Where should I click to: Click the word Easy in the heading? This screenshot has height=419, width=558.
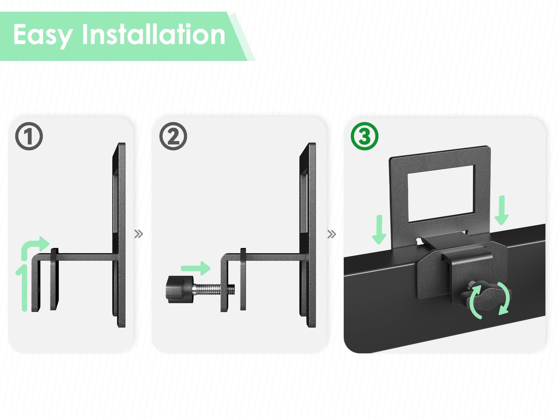(43, 35)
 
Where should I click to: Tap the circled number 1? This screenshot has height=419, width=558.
(29, 136)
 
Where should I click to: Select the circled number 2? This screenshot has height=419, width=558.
(173, 136)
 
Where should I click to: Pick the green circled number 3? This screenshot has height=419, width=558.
(364, 136)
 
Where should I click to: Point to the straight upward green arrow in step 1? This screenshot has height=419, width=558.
(24, 288)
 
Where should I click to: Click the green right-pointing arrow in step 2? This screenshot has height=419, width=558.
(196, 268)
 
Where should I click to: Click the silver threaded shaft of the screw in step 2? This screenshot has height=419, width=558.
(214, 289)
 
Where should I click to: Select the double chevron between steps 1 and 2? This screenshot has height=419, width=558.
(139, 234)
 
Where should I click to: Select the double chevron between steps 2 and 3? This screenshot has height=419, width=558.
(332, 234)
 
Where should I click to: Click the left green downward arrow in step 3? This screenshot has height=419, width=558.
(379, 229)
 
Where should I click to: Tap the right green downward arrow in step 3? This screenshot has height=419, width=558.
(502, 210)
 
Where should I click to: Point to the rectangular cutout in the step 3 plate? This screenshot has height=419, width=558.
(441, 194)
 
